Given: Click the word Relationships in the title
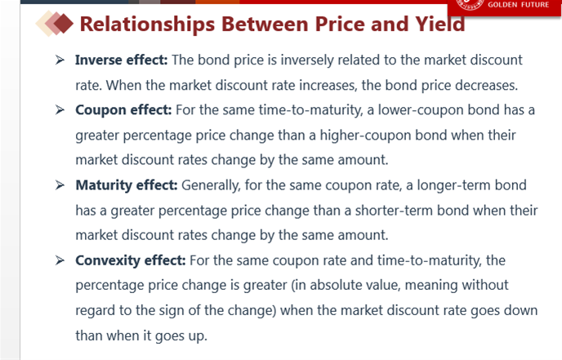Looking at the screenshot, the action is [x=147, y=24].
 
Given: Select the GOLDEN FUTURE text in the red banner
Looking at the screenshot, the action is [x=518, y=5].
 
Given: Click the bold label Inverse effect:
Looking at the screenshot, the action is [x=122, y=60].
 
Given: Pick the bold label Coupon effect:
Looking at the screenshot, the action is [x=123, y=110].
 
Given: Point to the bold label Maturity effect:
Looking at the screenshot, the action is [x=127, y=185].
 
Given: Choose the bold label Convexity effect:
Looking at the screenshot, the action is [x=131, y=260].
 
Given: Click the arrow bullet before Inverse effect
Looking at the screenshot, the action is [x=60, y=60].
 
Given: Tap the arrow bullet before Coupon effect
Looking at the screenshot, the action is [x=60, y=109].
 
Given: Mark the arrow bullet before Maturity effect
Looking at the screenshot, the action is [x=60, y=184].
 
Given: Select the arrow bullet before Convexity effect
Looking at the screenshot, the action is [x=60, y=260].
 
